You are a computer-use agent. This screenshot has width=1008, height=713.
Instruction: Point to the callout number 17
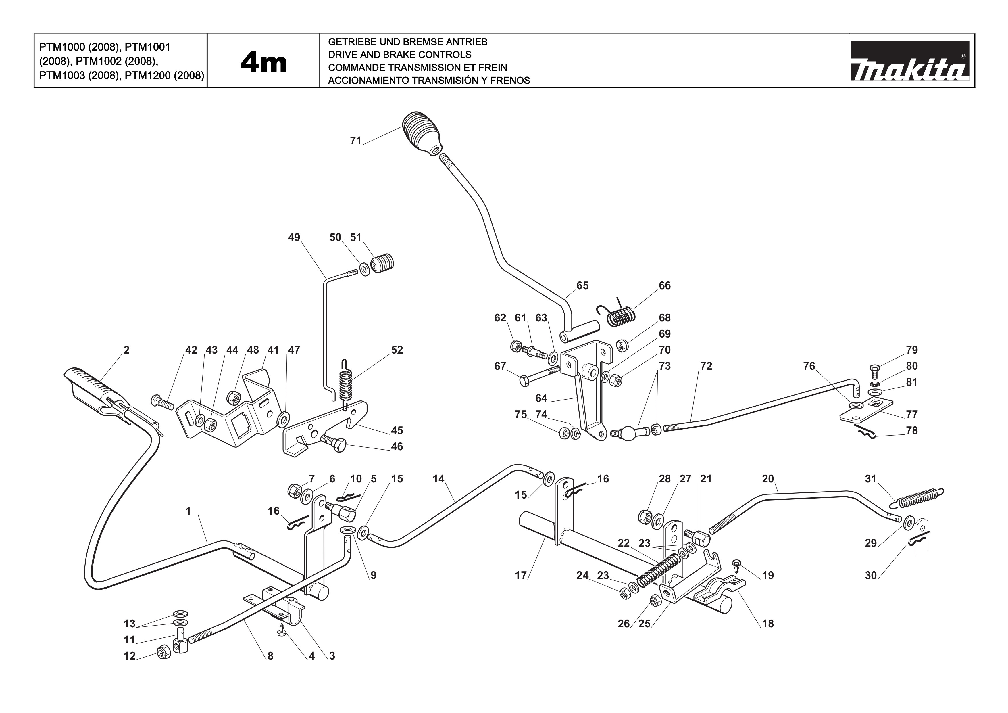tap(521, 576)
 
